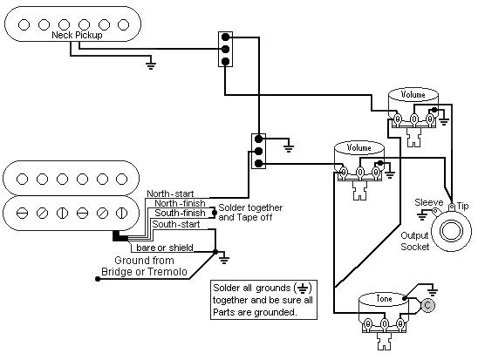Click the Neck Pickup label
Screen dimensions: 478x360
[77, 36]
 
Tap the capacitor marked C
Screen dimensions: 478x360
[427, 305]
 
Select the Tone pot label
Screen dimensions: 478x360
[384, 298]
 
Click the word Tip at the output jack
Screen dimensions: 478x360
[462, 207]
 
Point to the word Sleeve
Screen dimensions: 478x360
[428, 202]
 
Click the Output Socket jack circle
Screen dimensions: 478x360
[452, 231]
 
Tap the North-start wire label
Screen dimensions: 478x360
[170, 194]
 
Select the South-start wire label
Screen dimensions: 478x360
[176, 225]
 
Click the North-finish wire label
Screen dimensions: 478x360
[180, 203]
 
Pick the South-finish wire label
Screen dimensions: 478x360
[180, 213]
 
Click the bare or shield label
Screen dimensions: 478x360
[165, 248]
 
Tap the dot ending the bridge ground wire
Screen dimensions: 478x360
[98, 279]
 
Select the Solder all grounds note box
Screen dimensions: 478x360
[263, 300]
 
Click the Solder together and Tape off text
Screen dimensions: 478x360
[250, 213]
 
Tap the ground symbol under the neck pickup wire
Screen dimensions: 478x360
[151, 65]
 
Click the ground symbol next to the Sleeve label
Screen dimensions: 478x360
[422, 216]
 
